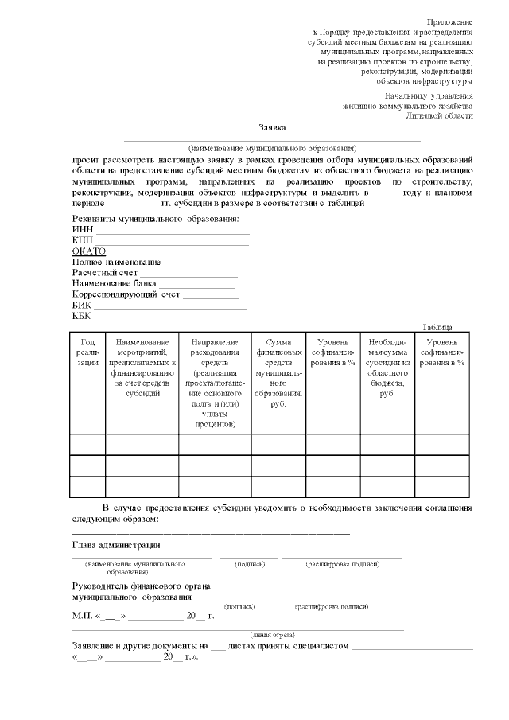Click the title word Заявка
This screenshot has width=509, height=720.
272,127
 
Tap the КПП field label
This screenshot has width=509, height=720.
83,240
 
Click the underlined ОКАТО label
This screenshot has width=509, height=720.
88,251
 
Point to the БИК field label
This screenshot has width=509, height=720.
82,305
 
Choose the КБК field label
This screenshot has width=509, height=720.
82,316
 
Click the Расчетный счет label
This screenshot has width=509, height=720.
104,273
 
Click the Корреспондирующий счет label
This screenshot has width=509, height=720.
126,294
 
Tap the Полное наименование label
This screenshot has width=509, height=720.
116,262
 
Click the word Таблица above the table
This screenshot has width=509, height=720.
437,326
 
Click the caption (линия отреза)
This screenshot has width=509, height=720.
273,635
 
